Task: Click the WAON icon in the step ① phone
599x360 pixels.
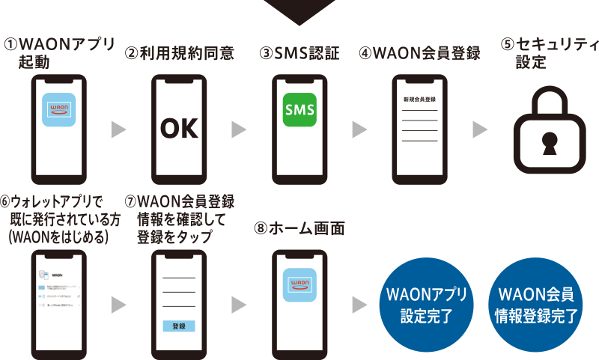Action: point(58,109)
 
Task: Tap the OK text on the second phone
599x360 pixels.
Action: point(179,129)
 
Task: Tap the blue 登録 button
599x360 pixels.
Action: point(178,326)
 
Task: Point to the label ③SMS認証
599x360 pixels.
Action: point(299,53)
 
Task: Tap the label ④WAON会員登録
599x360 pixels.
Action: point(419,53)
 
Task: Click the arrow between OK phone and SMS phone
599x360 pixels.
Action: point(239,130)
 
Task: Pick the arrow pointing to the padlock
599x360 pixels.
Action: point(480,130)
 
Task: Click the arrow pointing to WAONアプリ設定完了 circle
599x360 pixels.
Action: point(359,305)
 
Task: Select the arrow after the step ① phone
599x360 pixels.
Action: point(118,130)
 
